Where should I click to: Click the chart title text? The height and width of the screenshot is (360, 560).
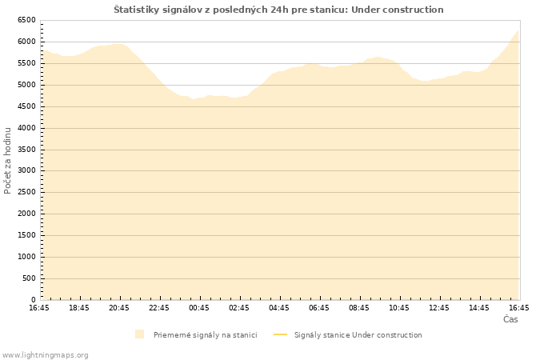[x=278, y=10]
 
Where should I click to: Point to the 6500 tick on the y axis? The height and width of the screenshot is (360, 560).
[x=26, y=20]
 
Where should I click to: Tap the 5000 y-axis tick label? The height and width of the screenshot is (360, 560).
[x=26, y=85]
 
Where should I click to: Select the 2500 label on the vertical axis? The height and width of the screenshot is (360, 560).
[x=26, y=192]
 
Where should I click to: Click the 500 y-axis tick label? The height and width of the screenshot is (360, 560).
[x=30, y=278]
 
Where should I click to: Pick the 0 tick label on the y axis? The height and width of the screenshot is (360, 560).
[x=34, y=300]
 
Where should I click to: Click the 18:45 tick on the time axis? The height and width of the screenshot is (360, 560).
[x=79, y=308]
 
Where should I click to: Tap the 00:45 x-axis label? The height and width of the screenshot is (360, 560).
[x=199, y=308]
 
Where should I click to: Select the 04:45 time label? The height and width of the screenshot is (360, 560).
[x=279, y=308]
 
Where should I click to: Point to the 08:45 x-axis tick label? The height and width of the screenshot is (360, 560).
[x=359, y=308]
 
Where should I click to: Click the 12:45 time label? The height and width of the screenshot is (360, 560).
[x=439, y=308]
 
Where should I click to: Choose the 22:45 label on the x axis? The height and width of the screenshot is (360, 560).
[x=159, y=308]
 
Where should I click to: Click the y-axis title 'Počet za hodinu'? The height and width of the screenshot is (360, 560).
[x=7, y=161]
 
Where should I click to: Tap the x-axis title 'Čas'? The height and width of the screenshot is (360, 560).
[x=510, y=319]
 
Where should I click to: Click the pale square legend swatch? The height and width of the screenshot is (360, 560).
[x=140, y=334]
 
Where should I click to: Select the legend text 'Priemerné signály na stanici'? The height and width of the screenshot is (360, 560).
[x=206, y=335]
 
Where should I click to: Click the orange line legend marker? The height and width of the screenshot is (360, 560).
[x=280, y=334]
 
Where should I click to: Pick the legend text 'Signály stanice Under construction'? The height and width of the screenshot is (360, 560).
[x=358, y=335]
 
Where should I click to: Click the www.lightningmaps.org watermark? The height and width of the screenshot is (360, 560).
[x=45, y=355]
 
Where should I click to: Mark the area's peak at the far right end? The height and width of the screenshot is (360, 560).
[x=518, y=30]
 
